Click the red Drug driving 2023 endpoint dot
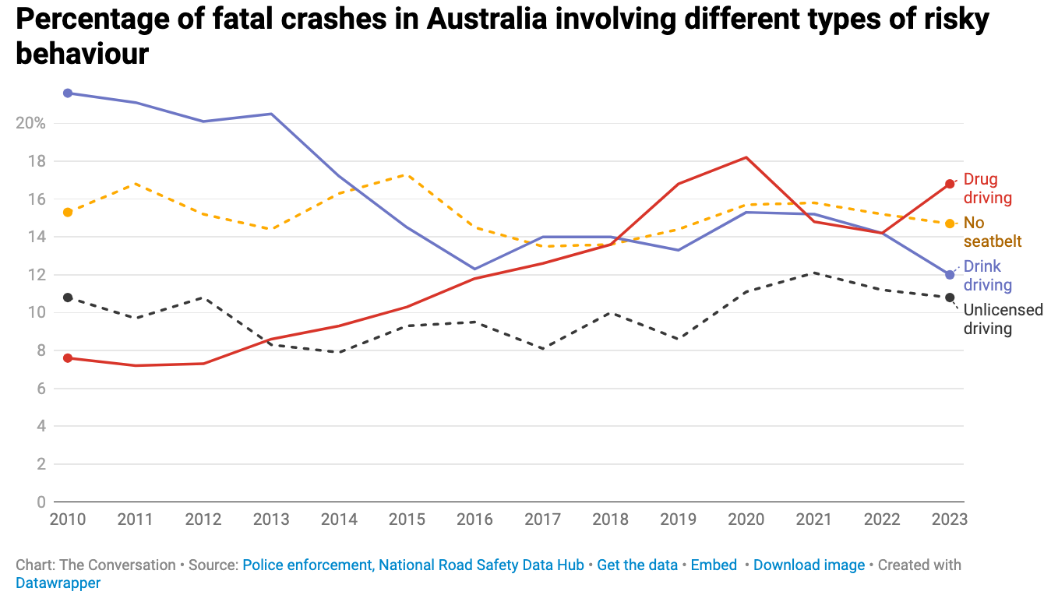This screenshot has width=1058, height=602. [x=950, y=184]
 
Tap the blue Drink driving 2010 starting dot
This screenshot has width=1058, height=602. [x=68, y=93]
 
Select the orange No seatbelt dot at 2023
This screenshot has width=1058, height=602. [x=950, y=224]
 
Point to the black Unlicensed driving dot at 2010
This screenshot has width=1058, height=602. [x=68, y=297]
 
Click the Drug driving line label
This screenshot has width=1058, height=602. [x=987, y=188]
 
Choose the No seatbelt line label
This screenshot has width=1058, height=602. [x=992, y=232]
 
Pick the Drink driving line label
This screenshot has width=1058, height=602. [x=987, y=276]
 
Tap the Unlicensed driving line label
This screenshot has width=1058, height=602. [x=1003, y=319]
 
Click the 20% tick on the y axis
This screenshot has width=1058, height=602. [x=30, y=124]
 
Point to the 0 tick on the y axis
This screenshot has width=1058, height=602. [x=41, y=502]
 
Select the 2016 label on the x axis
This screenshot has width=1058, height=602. [x=474, y=519]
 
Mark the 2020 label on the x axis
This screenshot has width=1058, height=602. [x=746, y=519]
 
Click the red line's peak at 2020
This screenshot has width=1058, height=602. [x=746, y=157]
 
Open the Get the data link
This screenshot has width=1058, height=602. [x=637, y=565]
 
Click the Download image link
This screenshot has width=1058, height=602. [x=809, y=565]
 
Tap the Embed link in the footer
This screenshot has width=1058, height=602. [x=714, y=565]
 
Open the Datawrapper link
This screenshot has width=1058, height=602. [x=58, y=583]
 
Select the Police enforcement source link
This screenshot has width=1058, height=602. [x=309, y=565]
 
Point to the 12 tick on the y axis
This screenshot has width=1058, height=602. [x=37, y=275]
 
